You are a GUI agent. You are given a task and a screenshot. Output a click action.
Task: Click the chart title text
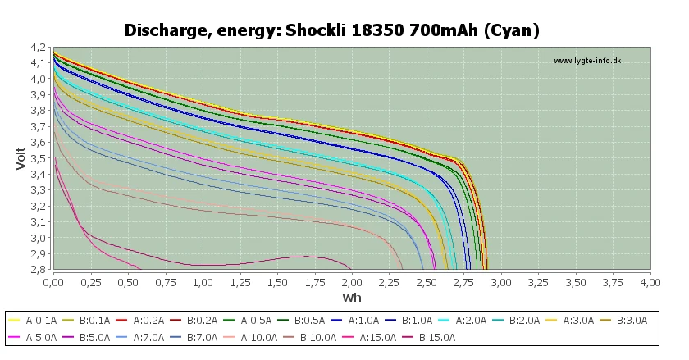click(x=331, y=30)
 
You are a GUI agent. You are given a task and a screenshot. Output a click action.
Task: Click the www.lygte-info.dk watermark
click(x=587, y=61)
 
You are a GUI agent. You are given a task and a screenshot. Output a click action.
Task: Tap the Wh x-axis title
click(x=351, y=297)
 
